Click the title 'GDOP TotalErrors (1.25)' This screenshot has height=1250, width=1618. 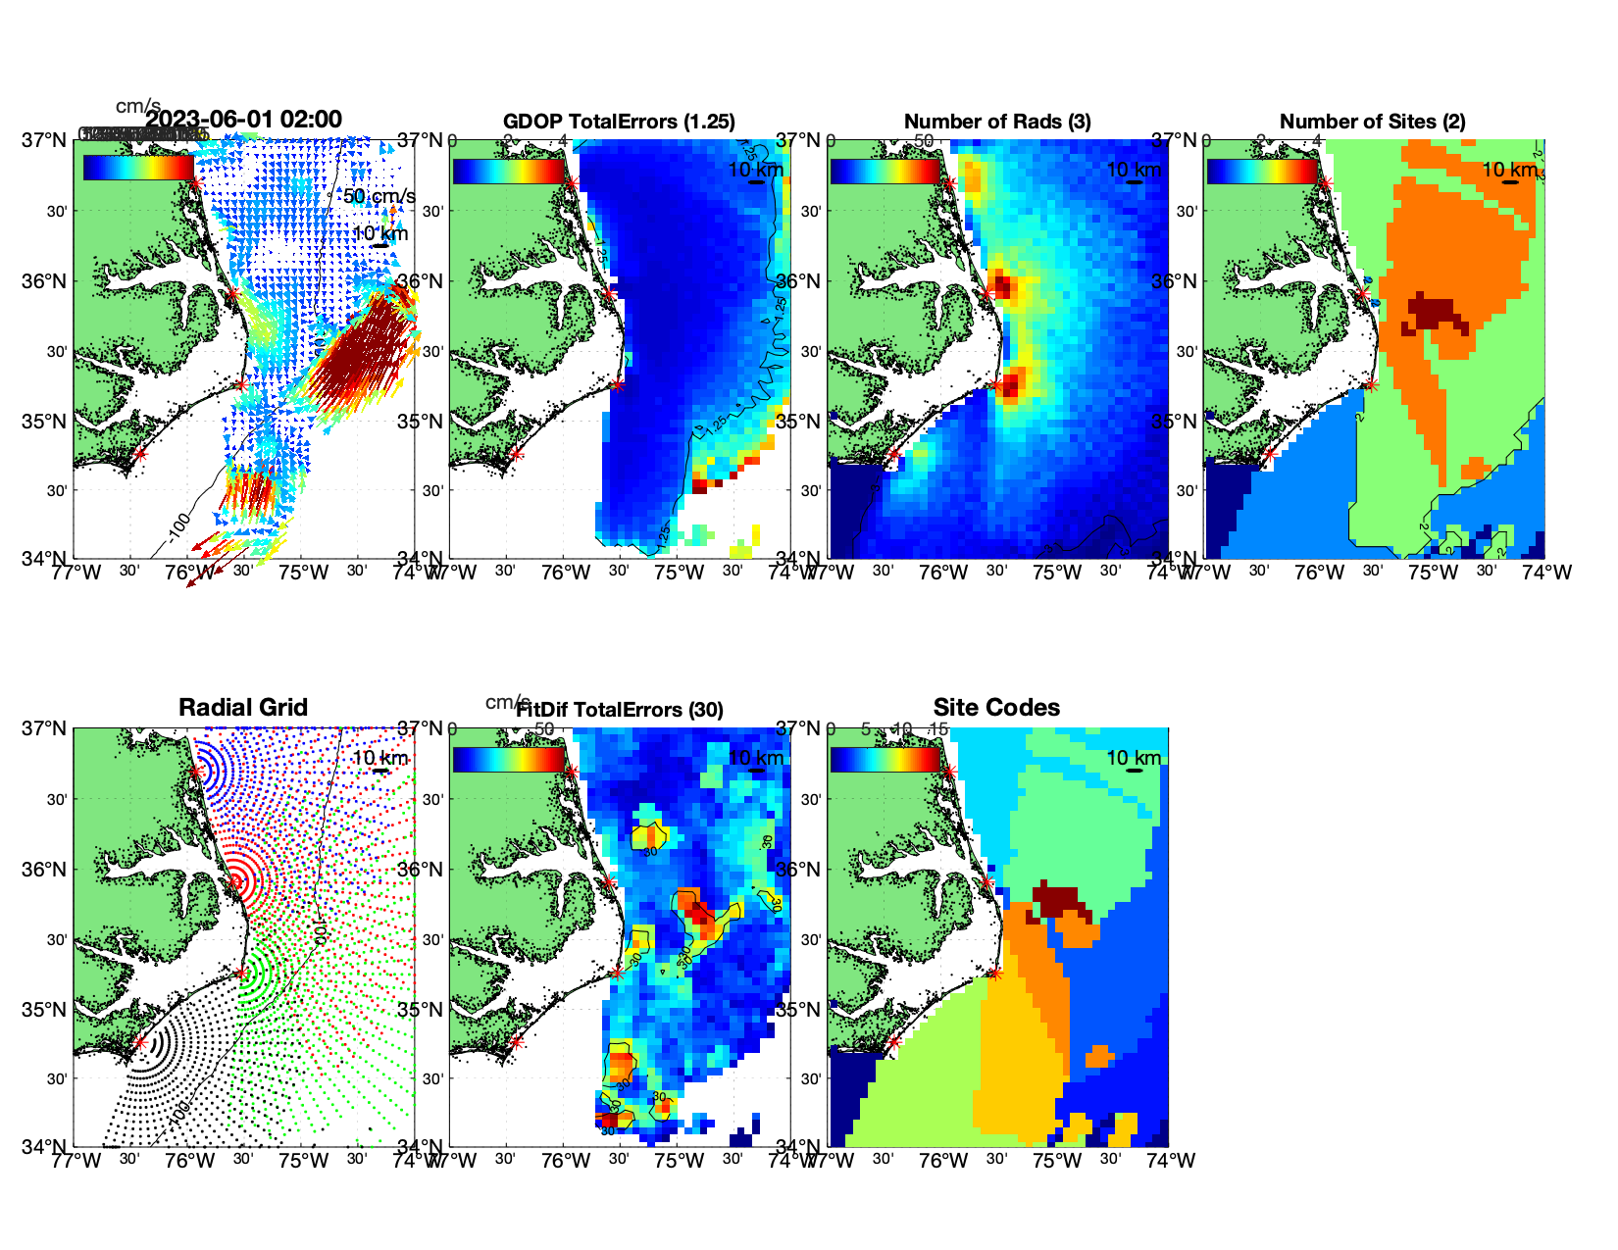click(619, 122)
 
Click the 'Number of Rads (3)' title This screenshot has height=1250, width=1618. click(997, 122)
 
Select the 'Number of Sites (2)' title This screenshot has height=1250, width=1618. click(1372, 122)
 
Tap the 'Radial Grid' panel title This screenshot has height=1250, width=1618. click(243, 708)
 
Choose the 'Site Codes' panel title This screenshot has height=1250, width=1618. click(996, 708)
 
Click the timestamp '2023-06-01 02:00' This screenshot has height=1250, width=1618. click(244, 120)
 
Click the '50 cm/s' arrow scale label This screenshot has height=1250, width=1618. click(379, 196)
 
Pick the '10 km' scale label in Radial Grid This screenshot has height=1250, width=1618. click(379, 758)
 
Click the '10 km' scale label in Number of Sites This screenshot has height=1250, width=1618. click(1509, 170)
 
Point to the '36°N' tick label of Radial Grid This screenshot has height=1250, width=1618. click(46, 870)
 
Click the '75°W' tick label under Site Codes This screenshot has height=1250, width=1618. click(1057, 1161)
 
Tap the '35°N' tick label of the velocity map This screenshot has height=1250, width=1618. click(46, 422)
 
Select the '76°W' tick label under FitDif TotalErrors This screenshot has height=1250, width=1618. click(566, 1161)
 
